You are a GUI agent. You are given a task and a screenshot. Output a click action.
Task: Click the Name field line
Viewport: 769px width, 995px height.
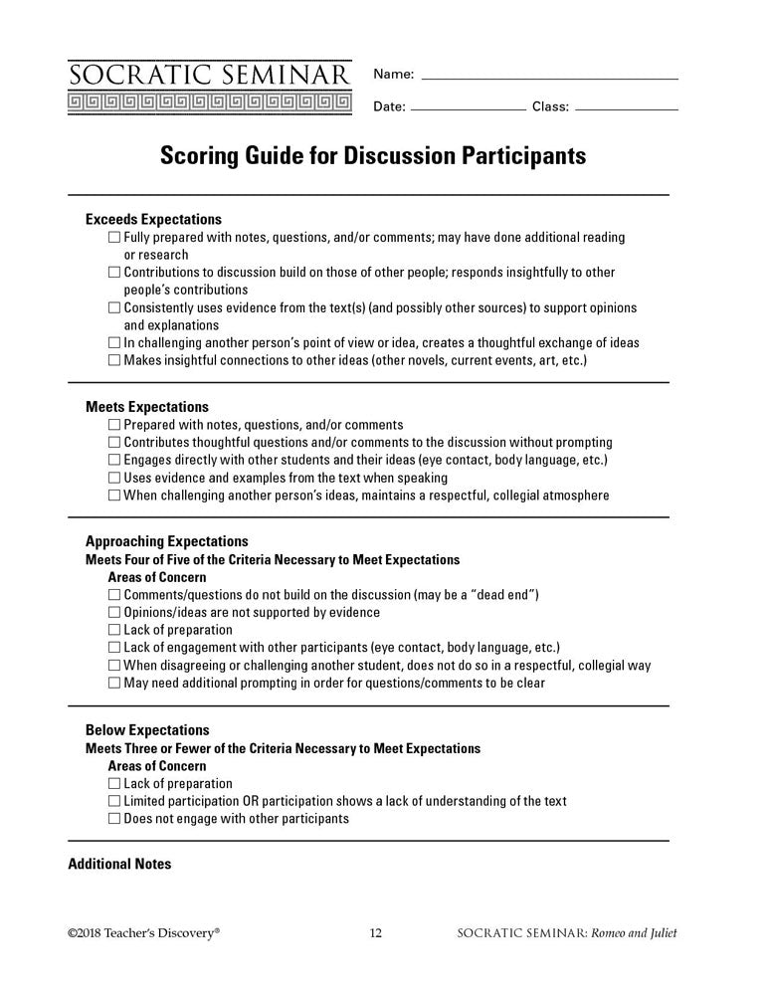tap(550, 78)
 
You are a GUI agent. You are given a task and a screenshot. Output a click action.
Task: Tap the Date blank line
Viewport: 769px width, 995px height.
tap(468, 108)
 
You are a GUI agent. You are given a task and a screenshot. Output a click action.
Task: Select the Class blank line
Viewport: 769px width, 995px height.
tap(627, 108)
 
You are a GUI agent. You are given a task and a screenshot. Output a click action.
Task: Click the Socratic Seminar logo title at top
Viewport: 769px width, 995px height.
tap(210, 76)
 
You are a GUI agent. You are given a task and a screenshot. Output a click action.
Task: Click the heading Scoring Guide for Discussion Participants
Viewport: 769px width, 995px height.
tap(373, 157)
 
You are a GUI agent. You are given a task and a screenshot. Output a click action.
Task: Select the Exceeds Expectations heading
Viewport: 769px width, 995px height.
tap(153, 219)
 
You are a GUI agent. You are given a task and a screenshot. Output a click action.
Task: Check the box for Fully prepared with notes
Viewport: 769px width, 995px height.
tap(114, 238)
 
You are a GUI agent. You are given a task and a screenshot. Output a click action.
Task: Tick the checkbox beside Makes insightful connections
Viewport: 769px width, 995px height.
tap(114, 360)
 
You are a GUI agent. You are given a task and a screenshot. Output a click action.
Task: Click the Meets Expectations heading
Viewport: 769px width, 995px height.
tap(147, 407)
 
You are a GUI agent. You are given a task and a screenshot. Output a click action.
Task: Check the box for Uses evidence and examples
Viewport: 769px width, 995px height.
tap(114, 478)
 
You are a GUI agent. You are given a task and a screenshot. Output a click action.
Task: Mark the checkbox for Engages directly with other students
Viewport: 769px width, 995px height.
tap(114, 461)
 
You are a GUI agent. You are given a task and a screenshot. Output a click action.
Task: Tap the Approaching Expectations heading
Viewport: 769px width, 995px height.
tap(161, 542)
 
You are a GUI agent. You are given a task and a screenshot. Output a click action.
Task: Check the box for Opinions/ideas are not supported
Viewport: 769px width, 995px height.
tap(114, 613)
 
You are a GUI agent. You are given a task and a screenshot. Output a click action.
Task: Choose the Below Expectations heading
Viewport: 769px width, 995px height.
tap(147, 730)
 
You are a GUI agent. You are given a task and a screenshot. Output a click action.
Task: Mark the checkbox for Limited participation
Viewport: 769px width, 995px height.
tap(114, 802)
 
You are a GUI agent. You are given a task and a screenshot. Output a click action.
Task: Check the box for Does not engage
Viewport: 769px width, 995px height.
tap(114, 819)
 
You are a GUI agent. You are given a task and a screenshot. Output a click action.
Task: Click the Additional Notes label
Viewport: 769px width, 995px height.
tap(119, 864)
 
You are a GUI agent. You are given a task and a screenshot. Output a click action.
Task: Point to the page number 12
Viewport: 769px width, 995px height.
tap(376, 933)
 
